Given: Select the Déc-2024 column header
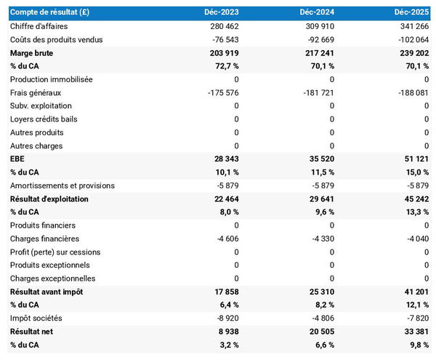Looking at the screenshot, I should (x=317, y=13).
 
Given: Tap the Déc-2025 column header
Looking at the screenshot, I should (x=412, y=13).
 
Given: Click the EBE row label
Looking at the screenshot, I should (x=17, y=159).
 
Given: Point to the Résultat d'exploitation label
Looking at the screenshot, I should (x=49, y=199).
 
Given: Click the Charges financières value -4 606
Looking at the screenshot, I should (x=226, y=239).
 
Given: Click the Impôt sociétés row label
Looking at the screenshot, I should (x=36, y=318).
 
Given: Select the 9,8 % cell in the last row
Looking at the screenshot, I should (x=419, y=345).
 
